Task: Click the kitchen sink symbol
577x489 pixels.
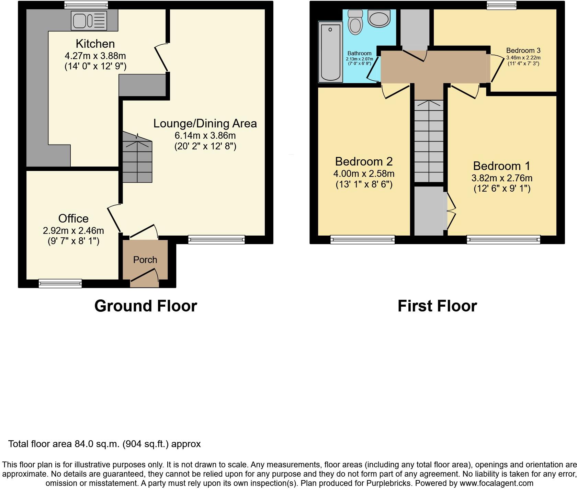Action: tap(89, 21)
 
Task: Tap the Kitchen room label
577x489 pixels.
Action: tap(95, 44)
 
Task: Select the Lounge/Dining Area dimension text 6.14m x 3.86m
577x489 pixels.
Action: tap(205, 135)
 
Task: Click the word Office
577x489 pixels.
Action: tap(73, 218)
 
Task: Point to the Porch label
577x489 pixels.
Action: tap(145, 260)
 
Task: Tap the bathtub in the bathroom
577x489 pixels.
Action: tap(330, 52)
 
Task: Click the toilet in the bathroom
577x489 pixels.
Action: tap(355, 23)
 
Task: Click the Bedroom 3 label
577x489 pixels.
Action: tap(523, 50)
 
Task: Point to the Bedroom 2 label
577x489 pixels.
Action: tap(364, 161)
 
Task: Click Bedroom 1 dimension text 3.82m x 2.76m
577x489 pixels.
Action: tap(502, 178)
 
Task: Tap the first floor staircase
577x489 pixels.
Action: tap(429, 141)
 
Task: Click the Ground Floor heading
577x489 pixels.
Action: tap(146, 306)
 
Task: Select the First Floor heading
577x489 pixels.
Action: tap(437, 306)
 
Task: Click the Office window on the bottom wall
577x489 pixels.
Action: tap(60, 283)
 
